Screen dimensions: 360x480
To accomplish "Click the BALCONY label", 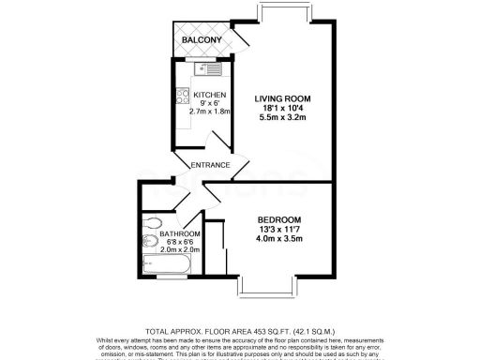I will pyautogui.click(x=202, y=40).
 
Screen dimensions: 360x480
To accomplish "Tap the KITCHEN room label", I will pyautogui.click(x=207, y=94).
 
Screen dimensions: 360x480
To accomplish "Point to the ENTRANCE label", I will pyautogui.click(x=210, y=166).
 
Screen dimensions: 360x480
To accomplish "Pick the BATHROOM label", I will pyautogui.click(x=179, y=234).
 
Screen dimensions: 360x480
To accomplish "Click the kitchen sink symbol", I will pyautogui.click(x=207, y=67).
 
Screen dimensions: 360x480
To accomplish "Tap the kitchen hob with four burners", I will pyautogui.click(x=182, y=97).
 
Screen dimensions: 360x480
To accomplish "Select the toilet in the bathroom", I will pyautogui.click(x=154, y=225).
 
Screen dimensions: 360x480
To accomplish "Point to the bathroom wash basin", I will pyautogui.click(x=150, y=243).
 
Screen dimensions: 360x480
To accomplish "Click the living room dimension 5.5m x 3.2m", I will pyautogui.click(x=283, y=119).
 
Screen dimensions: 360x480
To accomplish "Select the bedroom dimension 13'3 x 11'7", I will pyautogui.click(x=281, y=228).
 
